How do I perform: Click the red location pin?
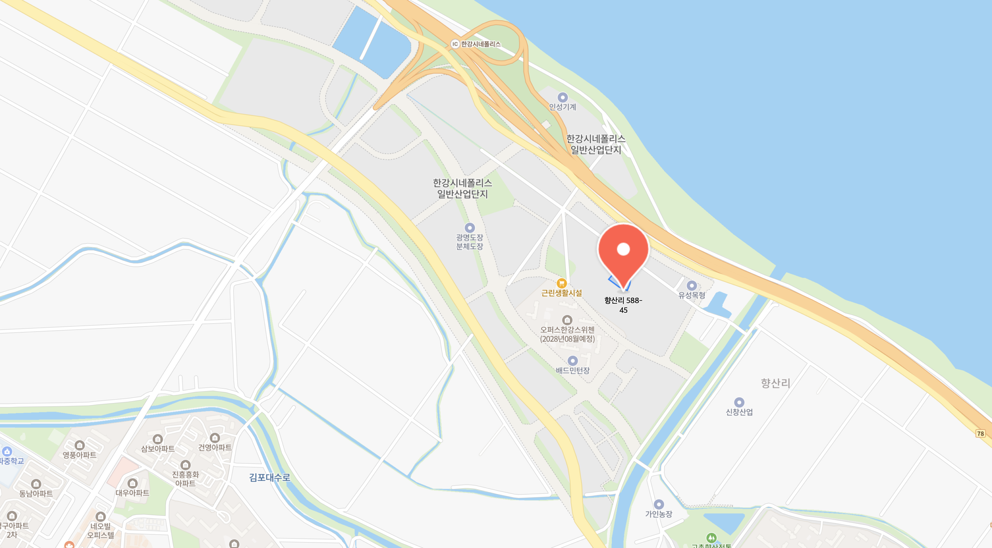click(623, 252)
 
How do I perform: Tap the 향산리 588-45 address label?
click(623, 305)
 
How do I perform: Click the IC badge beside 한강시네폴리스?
click(455, 44)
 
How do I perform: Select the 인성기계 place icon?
click(562, 97)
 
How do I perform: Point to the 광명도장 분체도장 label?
click(469, 242)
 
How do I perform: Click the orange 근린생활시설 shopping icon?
click(561, 283)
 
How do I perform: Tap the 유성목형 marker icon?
click(692, 286)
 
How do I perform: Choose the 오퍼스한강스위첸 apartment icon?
click(567, 320)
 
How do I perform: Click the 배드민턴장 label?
click(572, 371)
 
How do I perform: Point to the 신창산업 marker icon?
click(739, 402)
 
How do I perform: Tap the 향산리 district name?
click(775, 383)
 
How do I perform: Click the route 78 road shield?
click(980, 433)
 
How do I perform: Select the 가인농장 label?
click(658, 514)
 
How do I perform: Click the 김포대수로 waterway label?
click(270, 477)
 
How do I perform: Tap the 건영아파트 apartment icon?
click(215, 438)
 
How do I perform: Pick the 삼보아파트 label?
click(158, 449)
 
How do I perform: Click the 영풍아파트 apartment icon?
click(79, 445)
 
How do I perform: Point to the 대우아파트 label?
click(132, 493)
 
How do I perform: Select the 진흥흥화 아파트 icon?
click(186, 465)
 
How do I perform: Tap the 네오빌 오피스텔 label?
click(100, 531)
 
